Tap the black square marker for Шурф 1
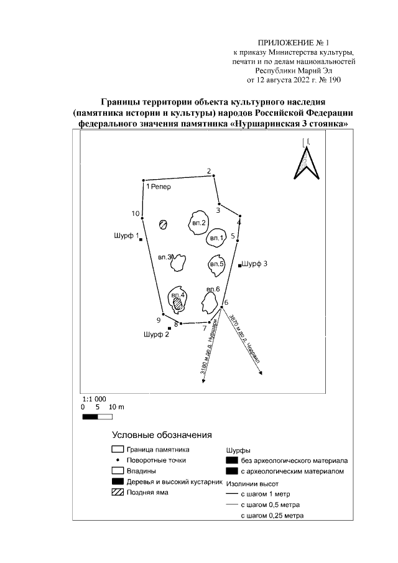tap(141, 240)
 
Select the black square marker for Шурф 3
tap(240, 266)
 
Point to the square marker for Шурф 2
tap(169, 328)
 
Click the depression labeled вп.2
tap(198, 223)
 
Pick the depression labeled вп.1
tap(217, 237)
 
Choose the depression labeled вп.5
tap(216, 264)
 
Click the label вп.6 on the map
tap(213, 289)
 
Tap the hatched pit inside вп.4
tap(179, 303)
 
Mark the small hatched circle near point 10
tap(164, 225)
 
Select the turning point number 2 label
tap(210, 171)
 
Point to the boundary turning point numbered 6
tap(223, 308)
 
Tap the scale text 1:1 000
tap(95, 398)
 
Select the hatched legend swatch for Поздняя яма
tap(117, 493)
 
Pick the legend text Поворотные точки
tap(156, 460)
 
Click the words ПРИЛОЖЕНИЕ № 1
tap(287, 42)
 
